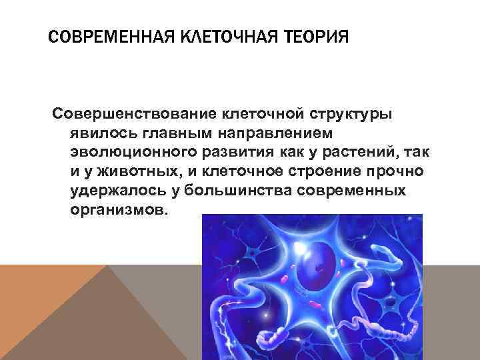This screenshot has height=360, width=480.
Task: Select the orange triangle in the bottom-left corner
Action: [x=40, y=300]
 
